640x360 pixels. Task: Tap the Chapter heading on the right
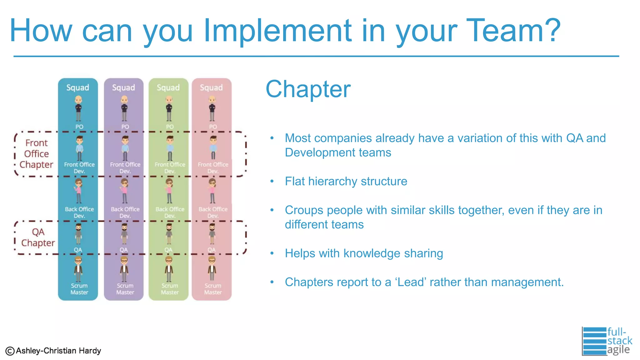[308, 89]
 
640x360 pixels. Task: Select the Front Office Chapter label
[36, 154]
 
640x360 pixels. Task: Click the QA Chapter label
[38, 237]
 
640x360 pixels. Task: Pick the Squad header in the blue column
[78, 87]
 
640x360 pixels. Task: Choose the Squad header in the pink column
[212, 87]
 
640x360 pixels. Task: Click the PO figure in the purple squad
[124, 108]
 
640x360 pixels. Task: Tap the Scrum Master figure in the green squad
[169, 269]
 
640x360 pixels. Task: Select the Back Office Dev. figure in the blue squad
[78, 191]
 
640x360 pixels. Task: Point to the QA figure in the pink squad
[212, 233]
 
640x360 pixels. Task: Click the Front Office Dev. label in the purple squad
[125, 168]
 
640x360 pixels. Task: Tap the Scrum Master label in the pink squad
[213, 289]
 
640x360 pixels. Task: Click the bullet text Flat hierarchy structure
[346, 181]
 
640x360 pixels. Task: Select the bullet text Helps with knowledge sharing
[364, 253]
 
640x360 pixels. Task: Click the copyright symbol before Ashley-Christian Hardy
[10, 351]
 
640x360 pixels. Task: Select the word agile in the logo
[618, 350]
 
